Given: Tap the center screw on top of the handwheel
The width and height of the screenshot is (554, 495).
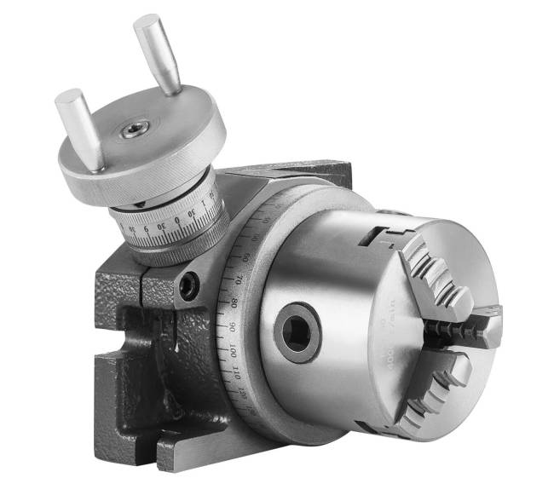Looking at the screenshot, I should tap(135, 130).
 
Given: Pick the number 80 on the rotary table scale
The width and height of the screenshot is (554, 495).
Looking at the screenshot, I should tap(233, 302).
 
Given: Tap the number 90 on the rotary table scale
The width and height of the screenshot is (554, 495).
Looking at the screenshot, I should tap(230, 326).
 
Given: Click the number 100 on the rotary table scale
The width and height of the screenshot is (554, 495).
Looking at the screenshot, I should tap(232, 350).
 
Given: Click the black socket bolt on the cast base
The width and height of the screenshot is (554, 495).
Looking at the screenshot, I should tap(188, 285).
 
